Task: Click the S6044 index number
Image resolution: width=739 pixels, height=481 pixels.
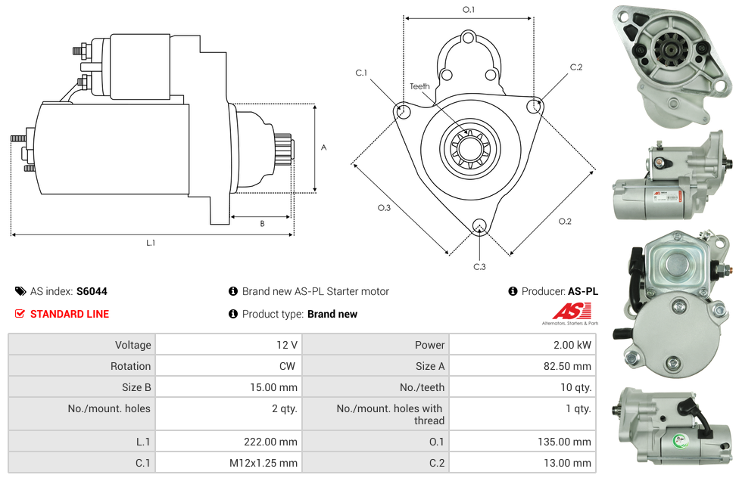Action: point(92,291)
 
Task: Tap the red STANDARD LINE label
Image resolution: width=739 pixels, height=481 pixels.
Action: point(70,314)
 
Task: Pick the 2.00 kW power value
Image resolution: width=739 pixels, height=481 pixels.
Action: point(572,345)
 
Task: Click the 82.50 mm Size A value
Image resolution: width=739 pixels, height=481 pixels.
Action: point(567,366)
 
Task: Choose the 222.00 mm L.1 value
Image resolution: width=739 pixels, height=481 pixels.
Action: point(270,442)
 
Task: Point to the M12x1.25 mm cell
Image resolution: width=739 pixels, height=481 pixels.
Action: point(263,463)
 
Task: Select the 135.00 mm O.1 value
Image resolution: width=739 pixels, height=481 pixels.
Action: point(565,442)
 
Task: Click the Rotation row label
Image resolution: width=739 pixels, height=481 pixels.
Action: point(130,366)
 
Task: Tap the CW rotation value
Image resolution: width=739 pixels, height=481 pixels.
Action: point(288,366)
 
